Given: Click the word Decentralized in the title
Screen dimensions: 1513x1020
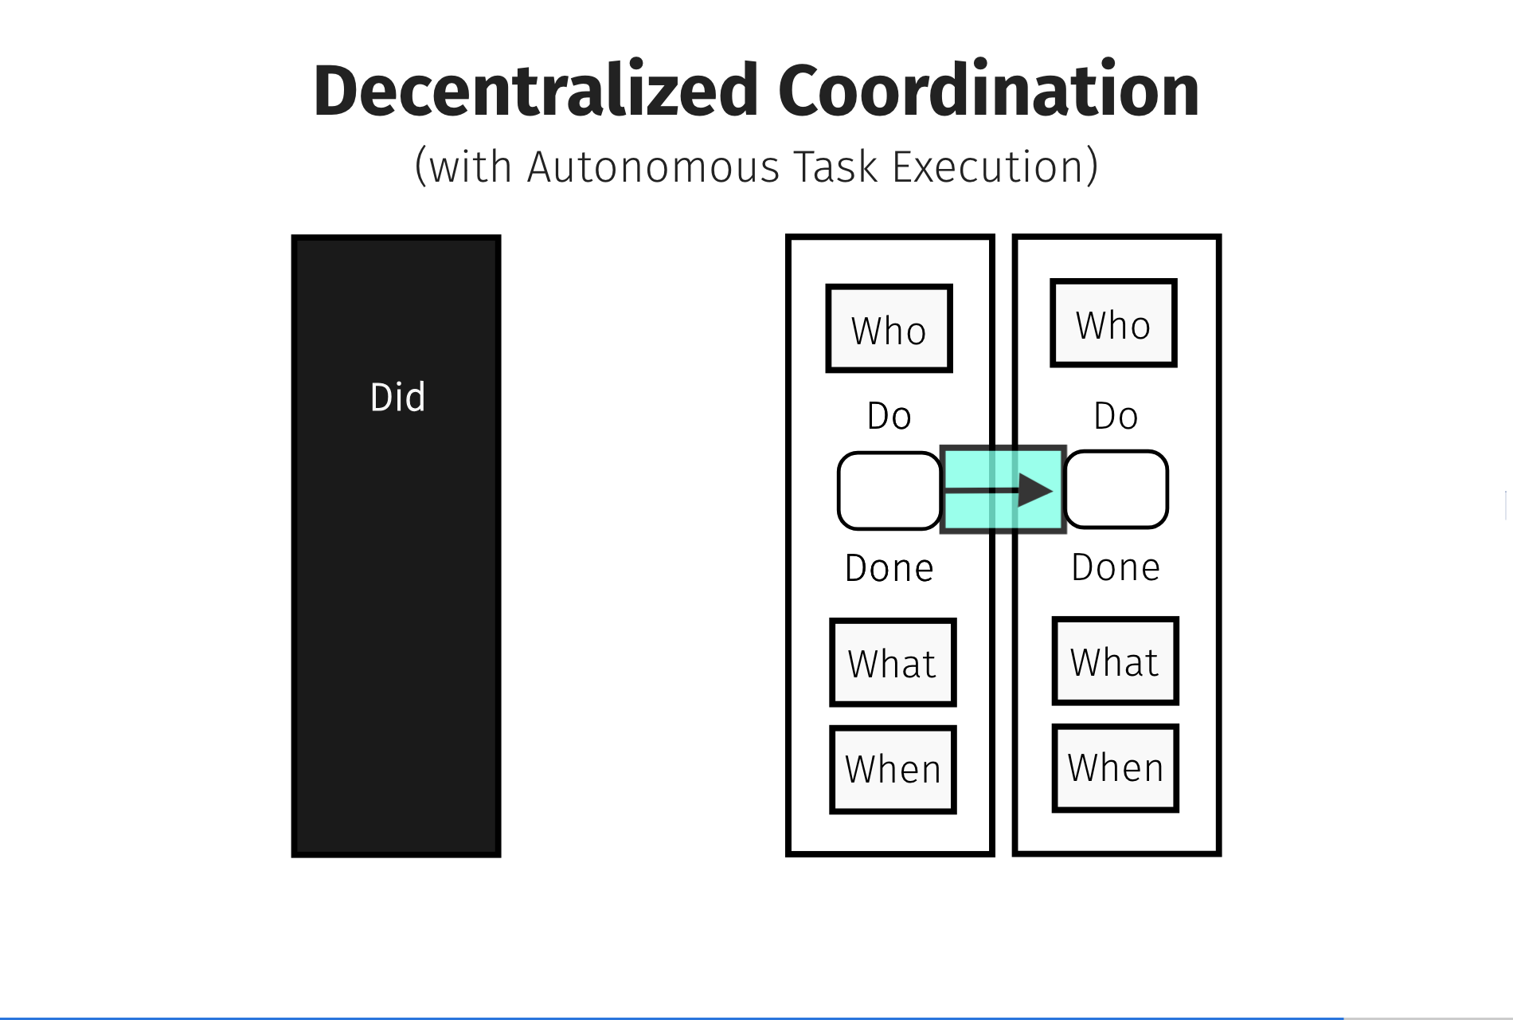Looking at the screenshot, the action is (x=535, y=90).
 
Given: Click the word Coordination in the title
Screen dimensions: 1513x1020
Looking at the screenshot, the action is (x=988, y=90).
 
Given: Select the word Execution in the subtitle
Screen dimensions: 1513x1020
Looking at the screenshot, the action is (x=987, y=167).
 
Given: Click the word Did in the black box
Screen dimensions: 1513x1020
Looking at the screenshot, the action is (x=397, y=397).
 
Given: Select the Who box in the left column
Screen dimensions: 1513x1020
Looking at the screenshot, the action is (x=889, y=328).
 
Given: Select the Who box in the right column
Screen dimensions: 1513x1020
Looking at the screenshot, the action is (x=1113, y=323).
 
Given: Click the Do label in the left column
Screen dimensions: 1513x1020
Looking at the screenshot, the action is (x=889, y=416).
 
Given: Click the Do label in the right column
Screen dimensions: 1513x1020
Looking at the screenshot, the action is (x=1116, y=416).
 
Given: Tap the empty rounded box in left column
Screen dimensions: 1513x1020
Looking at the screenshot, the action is (x=889, y=491).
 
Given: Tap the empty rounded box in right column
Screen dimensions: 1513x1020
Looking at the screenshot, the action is (x=1116, y=489).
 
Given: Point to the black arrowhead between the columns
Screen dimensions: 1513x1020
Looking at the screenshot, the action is (x=1036, y=490).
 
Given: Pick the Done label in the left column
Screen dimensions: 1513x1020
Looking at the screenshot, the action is (x=889, y=568).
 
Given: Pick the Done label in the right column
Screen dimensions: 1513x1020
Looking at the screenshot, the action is (x=1116, y=567).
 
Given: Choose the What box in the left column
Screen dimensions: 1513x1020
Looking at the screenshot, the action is (x=893, y=662).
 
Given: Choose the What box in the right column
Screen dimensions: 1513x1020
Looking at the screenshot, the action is (x=1115, y=661).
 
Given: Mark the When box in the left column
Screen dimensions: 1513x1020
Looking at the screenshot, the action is (x=893, y=770).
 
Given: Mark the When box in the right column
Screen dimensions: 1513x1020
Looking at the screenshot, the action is (x=1115, y=768).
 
